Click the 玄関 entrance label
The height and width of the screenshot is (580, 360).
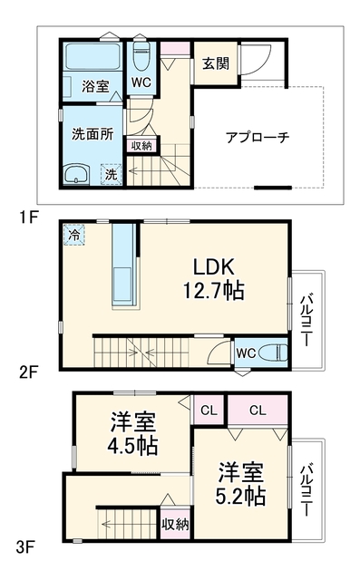pyautogui.click(x=216, y=63)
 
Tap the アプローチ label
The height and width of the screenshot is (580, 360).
pyautogui.click(x=258, y=138)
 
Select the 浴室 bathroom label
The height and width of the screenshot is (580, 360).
pyautogui.click(x=95, y=87)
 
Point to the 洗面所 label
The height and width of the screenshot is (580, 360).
pyautogui.click(x=92, y=134)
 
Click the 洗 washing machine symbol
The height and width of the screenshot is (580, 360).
pyautogui.click(x=112, y=174)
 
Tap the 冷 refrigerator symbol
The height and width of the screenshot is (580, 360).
pyautogui.click(x=74, y=235)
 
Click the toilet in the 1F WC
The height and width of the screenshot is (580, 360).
pyautogui.click(x=141, y=56)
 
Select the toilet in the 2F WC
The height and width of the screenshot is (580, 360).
pyautogui.click(x=274, y=353)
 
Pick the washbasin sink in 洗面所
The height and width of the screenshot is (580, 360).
pyautogui.click(x=76, y=175)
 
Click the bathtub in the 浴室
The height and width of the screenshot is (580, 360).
pyautogui.click(x=92, y=56)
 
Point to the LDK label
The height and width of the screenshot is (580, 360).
pyautogui.click(x=214, y=266)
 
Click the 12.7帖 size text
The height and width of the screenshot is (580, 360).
pyautogui.click(x=213, y=290)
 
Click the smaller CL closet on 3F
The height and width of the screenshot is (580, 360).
pyautogui.click(x=209, y=410)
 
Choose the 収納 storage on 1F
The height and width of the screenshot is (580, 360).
pyautogui.click(x=141, y=145)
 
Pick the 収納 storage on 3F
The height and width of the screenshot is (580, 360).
pyautogui.click(x=175, y=524)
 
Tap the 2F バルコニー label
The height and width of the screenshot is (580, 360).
pyautogui.click(x=306, y=320)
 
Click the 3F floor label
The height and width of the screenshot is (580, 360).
pyautogui.click(x=25, y=547)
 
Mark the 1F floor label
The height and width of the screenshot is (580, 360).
pyautogui.click(x=29, y=217)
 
